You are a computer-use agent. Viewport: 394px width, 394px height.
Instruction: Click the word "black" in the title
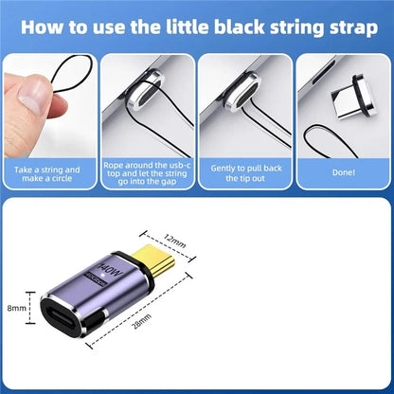pos(239,27)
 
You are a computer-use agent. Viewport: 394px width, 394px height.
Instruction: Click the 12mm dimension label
pos(175,242)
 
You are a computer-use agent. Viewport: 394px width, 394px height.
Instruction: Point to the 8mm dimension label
pos(17,308)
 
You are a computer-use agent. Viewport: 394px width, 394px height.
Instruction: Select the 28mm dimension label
pos(141,321)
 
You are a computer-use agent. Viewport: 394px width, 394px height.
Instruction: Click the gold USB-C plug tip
pos(153,260)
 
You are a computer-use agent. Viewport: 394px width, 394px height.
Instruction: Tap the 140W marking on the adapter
pos(110,271)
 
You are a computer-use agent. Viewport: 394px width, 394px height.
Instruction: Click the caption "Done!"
pos(344,172)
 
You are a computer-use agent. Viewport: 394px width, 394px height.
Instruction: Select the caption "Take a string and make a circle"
pos(47,174)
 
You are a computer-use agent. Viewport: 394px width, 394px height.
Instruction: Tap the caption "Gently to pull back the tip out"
pos(246,173)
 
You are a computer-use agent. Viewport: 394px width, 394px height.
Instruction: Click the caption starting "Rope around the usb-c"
pos(147,173)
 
